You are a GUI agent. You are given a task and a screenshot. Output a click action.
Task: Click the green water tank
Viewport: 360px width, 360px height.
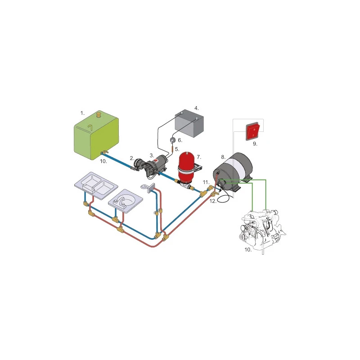(x=96, y=137)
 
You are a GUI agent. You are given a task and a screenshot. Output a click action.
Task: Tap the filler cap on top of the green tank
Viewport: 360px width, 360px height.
(x=99, y=114)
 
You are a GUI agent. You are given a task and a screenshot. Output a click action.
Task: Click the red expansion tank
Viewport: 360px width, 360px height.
(x=186, y=166)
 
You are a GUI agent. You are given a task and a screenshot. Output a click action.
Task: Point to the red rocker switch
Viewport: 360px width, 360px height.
(x=253, y=131)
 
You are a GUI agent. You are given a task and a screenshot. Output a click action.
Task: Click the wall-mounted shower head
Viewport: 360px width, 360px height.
(x=148, y=188)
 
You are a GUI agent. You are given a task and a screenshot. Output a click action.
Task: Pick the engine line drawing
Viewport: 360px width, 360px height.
(x=262, y=229)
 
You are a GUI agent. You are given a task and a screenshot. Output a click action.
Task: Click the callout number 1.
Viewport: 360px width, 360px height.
(x=82, y=113)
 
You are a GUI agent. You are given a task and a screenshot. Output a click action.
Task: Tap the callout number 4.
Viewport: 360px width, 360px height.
(x=197, y=108)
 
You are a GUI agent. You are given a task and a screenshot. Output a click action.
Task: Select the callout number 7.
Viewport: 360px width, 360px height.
(x=199, y=157)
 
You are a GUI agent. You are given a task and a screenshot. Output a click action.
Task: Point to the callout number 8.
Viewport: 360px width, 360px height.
(x=223, y=157)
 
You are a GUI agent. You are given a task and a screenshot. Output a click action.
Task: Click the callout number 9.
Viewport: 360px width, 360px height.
(x=255, y=144)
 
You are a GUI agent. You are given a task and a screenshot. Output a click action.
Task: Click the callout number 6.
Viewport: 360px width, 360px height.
(x=180, y=140)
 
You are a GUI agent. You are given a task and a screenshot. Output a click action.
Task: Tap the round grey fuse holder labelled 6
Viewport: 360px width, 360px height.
(x=173, y=140)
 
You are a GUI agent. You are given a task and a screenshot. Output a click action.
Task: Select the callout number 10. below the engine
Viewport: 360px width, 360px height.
(x=248, y=250)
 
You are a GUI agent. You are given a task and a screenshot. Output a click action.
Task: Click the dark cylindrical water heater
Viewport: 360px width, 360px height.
(x=232, y=171)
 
